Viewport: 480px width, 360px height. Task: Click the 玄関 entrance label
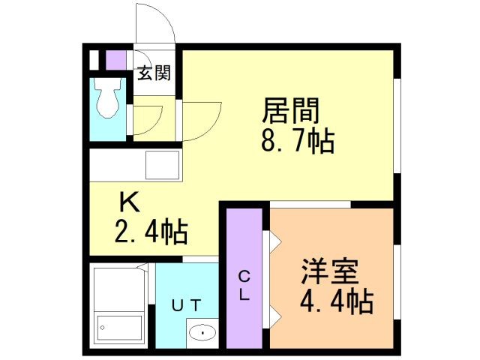pyautogui.click(x=154, y=73)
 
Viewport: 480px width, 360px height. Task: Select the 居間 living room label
pyautogui.click(x=291, y=110)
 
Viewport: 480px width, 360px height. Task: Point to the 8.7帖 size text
pyautogui.click(x=298, y=141)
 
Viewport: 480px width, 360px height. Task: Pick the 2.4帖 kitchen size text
pyautogui.click(x=151, y=232)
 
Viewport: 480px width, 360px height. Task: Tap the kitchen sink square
pyautogui.click(x=162, y=165)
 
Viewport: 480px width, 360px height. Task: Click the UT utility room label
pyautogui.click(x=186, y=305)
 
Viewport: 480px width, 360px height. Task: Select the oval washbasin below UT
pyautogui.click(x=202, y=332)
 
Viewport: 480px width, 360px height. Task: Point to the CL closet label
pyautogui.click(x=244, y=286)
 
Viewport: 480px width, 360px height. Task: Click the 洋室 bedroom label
pyautogui.click(x=330, y=271)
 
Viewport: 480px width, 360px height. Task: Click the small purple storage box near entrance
pyautogui.click(x=116, y=60)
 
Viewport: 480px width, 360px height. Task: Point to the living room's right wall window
pyautogui.click(x=397, y=126)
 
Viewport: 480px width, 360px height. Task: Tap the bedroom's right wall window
pyautogui.click(x=397, y=282)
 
